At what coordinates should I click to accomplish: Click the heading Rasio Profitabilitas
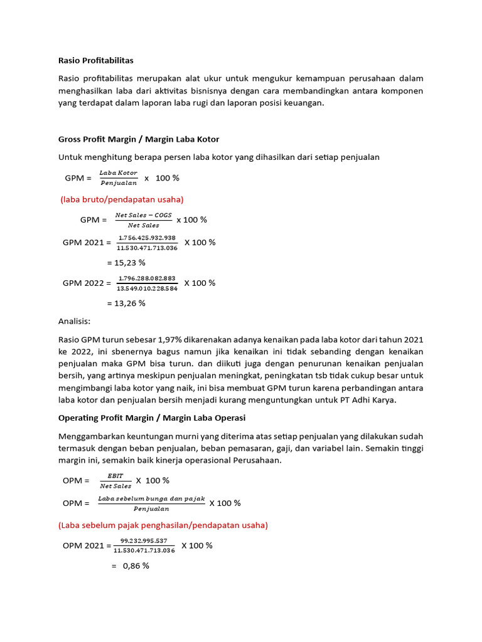[96, 61]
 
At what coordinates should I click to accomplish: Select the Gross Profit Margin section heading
[139, 139]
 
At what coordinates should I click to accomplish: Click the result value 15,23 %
[126, 263]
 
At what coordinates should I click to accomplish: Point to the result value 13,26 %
[126, 303]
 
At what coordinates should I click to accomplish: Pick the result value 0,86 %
[131, 566]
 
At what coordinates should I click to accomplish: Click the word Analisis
[75, 322]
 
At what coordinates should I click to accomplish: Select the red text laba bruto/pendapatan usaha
[122, 199]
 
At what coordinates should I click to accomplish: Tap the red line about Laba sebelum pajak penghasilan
[163, 525]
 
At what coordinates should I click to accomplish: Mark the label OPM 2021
[83, 545]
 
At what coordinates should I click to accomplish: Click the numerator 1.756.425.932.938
[147, 238]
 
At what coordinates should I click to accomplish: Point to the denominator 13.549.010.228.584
[147, 288]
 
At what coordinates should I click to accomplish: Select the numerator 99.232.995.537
[144, 540]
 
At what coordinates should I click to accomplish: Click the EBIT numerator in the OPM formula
[115, 476]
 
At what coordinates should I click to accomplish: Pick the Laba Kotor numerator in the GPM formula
[119, 173]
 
